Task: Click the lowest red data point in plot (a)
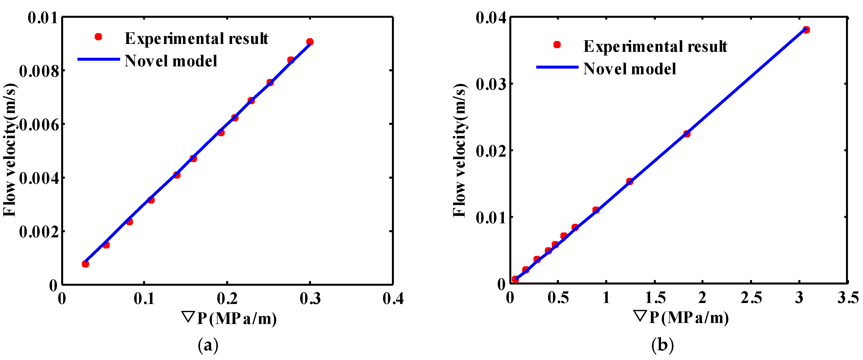point(85,264)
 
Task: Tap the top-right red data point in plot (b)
point(806,30)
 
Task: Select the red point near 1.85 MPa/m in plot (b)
point(687,134)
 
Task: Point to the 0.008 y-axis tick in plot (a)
point(40,71)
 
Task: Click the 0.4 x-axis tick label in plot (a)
point(393,298)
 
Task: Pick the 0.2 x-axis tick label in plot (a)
point(227,298)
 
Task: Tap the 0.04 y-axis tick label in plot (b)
point(491,18)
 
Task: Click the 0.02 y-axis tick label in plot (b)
point(491,151)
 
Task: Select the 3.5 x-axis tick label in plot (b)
point(848,298)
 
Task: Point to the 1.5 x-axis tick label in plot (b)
point(655,298)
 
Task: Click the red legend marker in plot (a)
point(98,37)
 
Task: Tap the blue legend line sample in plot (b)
point(557,67)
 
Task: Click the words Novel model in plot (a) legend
point(171,61)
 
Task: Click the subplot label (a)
point(208,345)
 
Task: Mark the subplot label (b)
point(662,345)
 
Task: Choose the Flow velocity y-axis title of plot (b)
point(459,151)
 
